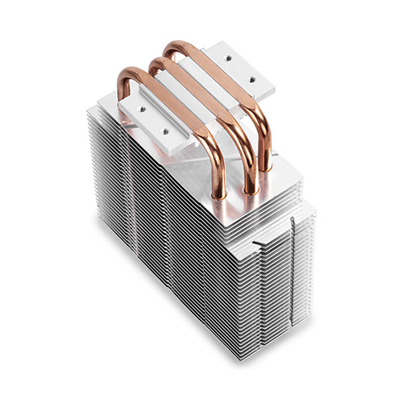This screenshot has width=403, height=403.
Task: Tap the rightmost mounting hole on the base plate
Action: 255,80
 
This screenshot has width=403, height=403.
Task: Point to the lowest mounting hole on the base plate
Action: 166,126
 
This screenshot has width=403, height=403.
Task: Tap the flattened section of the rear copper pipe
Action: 222,73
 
